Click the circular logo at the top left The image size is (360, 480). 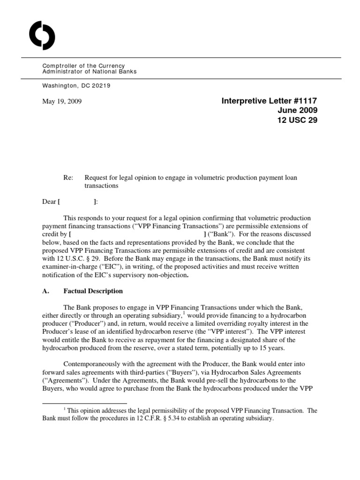pos(42,36)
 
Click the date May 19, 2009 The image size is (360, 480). pos(62,101)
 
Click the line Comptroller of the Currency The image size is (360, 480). pos(83,66)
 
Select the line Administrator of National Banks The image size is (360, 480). pos(90,72)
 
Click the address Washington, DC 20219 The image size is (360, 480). pos(76,86)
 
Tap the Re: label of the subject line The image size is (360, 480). pos(68,178)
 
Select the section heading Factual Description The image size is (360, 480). pos(93,291)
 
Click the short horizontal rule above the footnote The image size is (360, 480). pos(84,403)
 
